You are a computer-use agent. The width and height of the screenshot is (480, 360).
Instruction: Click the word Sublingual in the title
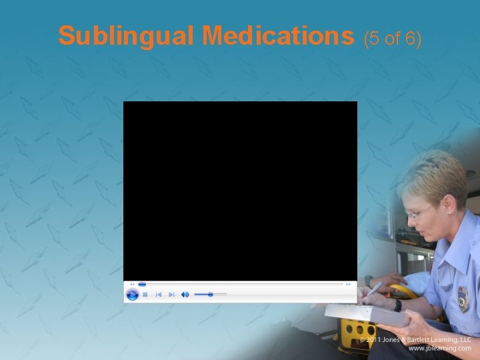(x=127, y=37)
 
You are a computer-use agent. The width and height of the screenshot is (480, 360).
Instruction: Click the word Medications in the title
(x=279, y=37)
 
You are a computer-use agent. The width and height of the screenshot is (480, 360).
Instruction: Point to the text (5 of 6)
(x=393, y=39)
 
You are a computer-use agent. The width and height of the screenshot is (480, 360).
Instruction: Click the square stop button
(x=145, y=294)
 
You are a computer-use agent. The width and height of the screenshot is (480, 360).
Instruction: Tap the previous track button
(x=159, y=294)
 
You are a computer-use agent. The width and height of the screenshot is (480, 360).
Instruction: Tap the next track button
(x=171, y=294)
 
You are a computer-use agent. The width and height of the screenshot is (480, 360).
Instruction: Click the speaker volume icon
(x=185, y=294)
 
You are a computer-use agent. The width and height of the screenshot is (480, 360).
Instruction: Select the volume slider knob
(x=211, y=294)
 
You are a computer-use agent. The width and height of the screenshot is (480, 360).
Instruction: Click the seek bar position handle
(x=142, y=284)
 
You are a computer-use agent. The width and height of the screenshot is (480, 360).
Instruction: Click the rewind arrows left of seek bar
(x=132, y=284)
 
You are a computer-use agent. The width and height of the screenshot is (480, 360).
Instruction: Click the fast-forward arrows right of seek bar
(x=349, y=284)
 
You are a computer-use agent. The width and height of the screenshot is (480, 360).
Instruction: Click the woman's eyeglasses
(x=419, y=212)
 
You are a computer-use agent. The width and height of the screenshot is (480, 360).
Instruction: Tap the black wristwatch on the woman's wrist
(x=398, y=305)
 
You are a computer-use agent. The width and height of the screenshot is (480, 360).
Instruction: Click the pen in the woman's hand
(x=373, y=289)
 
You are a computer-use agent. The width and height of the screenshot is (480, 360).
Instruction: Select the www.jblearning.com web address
(x=439, y=349)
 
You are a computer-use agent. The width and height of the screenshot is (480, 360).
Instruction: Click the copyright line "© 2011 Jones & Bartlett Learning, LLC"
(x=415, y=339)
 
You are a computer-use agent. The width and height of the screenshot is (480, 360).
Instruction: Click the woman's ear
(x=450, y=209)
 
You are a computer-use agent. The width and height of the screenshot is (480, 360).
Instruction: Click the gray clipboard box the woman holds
(x=367, y=314)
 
